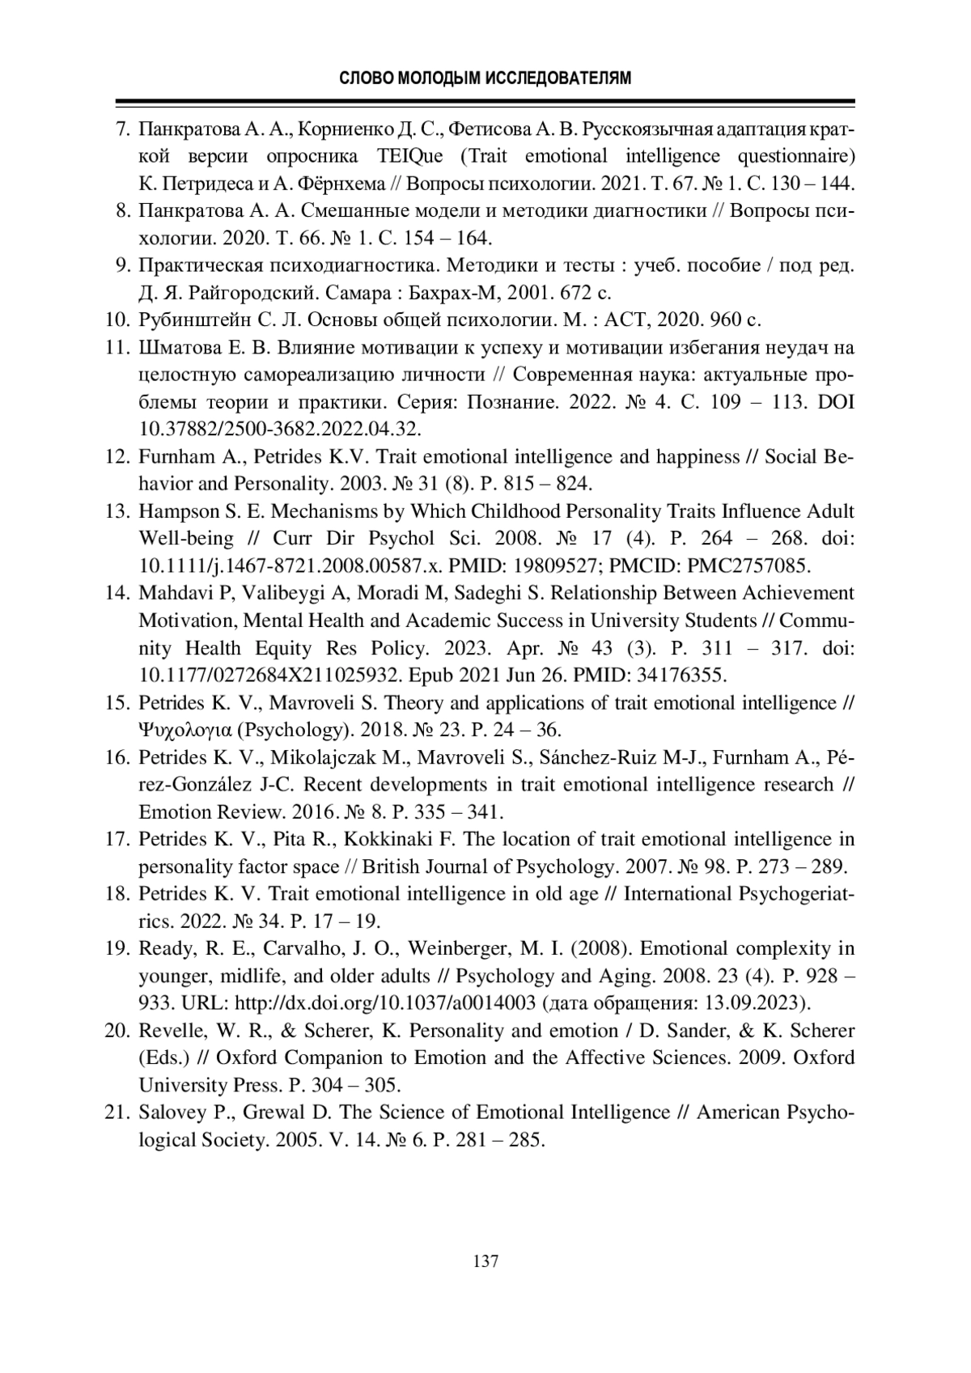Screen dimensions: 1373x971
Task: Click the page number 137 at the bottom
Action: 485,1261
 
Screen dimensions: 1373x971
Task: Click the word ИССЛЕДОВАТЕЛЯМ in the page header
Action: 558,78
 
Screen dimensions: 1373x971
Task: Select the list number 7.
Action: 124,129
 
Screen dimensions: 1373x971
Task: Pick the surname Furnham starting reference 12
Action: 176,457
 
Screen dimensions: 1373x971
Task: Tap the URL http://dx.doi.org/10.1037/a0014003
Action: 384,1004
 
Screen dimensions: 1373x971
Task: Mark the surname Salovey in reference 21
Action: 171,1113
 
